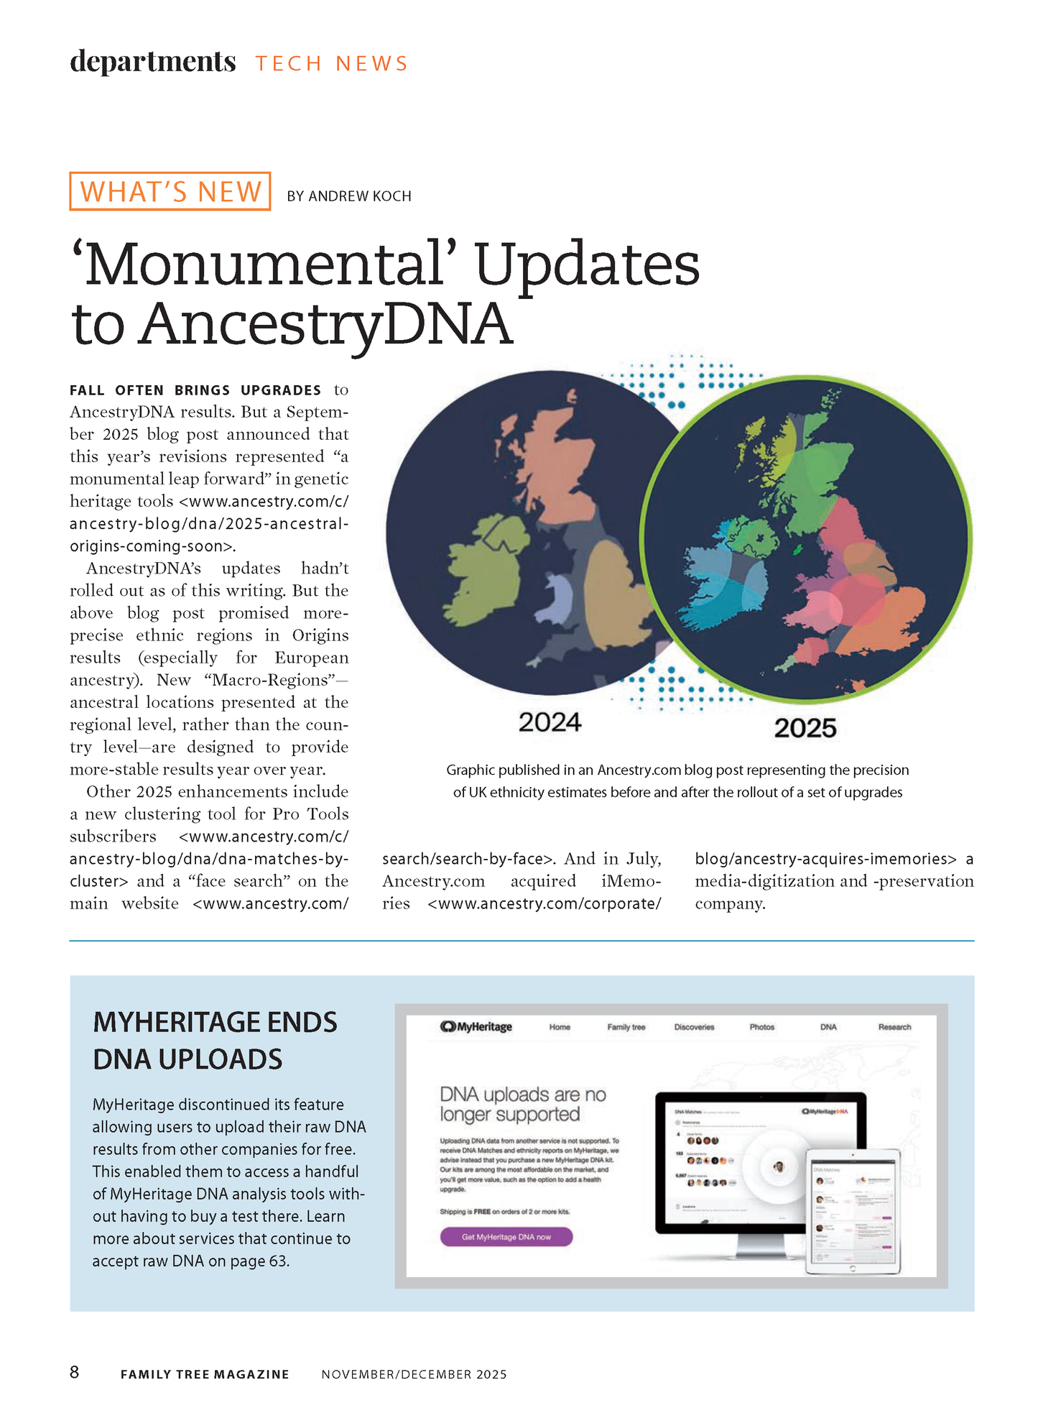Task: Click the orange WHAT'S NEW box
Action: (170, 191)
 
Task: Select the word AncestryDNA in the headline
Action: (325, 324)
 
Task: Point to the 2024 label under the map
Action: (550, 722)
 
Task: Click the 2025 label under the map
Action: (805, 728)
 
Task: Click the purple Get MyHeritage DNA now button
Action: (506, 1237)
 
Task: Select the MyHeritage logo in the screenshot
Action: (476, 1026)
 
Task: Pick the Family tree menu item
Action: (626, 1027)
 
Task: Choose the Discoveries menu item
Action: (694, 1027)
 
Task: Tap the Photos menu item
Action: (761, 1027)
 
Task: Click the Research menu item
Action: (894, 1027)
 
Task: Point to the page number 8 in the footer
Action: (75, 1372)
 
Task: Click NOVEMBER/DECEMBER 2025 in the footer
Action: (414, 1374)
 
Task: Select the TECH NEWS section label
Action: (332, 63)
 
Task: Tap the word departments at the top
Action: (153, 62)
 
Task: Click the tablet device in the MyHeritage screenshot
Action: (853, 1211)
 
